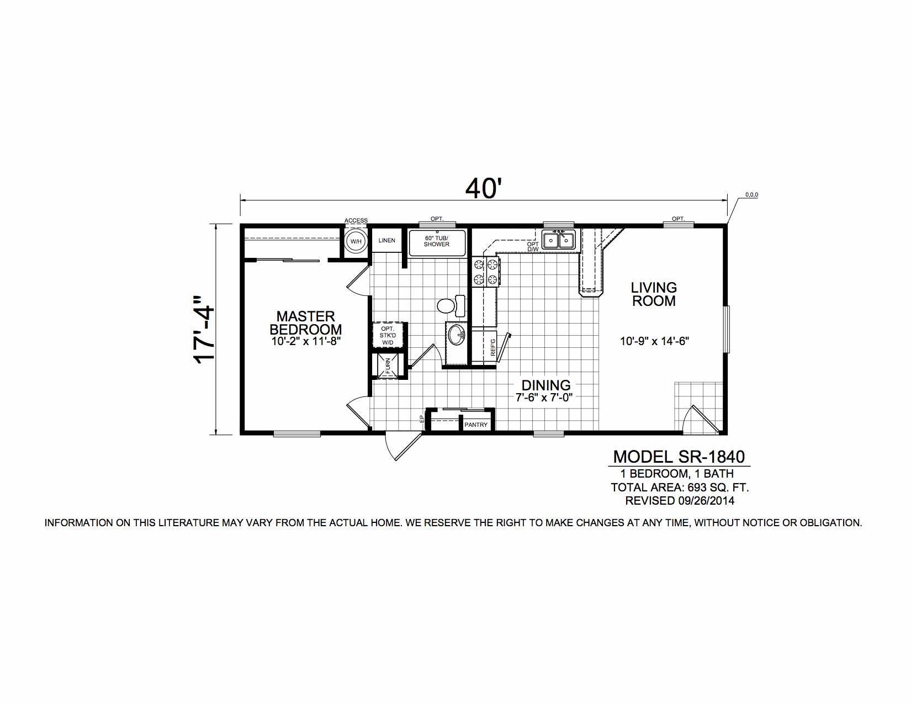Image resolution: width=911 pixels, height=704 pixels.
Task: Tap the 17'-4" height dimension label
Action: [204, 330]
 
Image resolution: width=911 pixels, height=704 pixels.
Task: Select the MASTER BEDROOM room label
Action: [306, 322]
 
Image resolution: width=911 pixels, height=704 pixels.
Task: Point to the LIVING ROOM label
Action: [654, 294]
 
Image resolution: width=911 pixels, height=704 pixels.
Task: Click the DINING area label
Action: [546, 385]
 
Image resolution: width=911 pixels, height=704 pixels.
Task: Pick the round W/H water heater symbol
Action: [356, 241]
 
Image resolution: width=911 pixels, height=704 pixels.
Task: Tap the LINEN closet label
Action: [386, 240]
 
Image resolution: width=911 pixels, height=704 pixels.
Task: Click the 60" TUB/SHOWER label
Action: [436, 241]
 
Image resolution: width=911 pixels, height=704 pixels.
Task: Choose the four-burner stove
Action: [485, 272]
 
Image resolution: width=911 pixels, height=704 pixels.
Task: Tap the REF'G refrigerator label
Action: [493, 348]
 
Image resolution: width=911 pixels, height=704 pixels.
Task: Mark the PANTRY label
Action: [476, 425]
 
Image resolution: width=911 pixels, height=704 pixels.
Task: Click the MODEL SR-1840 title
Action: [679, 457]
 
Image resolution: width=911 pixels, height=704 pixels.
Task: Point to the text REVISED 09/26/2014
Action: [680, 501]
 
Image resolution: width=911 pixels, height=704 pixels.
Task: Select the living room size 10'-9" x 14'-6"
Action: [655, 341]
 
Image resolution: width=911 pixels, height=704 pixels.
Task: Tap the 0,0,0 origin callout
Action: [751, 194]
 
